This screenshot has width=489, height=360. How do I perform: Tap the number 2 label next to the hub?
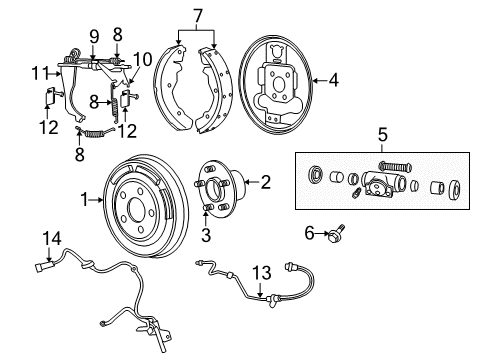click(x=265, y=182)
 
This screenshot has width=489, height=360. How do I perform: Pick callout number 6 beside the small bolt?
click(x=311, y=233)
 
